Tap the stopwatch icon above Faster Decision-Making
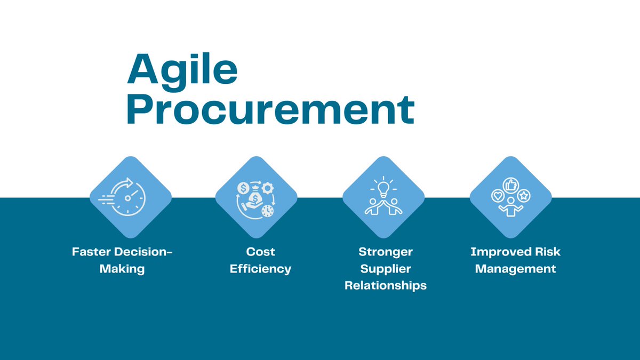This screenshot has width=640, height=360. click(x=129, y=197)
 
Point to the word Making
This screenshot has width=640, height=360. click(x=122, y=268)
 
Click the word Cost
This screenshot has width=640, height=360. click(x=260, y=251)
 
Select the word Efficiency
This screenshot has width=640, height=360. click(x=260, y=268)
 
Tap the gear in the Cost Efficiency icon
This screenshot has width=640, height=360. click(x=268, y=187)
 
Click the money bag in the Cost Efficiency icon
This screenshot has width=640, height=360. click(x=257, y=198)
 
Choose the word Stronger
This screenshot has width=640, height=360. click(x=386, y=251)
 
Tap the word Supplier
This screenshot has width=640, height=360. click(x=386, y=268)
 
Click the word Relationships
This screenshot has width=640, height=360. click(x=386, y=285)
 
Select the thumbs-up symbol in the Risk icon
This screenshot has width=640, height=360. click(x=511, y=185)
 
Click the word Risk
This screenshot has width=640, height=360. click(x=547, y=251)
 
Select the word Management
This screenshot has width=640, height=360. click(x=515, y=268)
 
